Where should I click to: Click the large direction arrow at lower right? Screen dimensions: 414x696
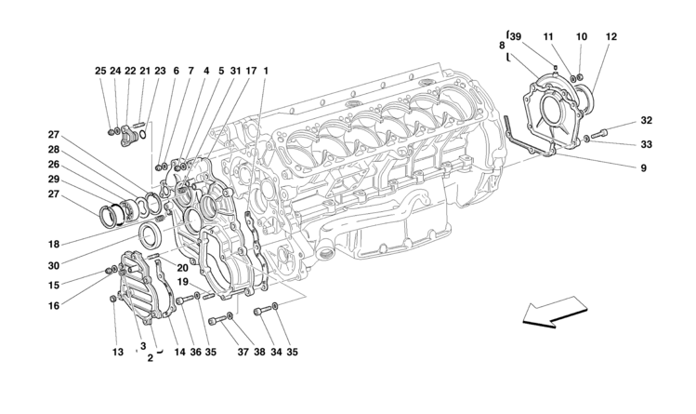(555, 313)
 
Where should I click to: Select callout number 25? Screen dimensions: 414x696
(99, 71)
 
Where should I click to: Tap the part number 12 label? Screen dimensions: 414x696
(611, 37)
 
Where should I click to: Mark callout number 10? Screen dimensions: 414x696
(582, 37)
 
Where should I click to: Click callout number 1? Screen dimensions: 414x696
(266, 71)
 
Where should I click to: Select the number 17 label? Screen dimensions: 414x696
(251, 71)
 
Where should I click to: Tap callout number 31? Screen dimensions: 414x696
(236, 71)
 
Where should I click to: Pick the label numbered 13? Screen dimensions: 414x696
(117, 352)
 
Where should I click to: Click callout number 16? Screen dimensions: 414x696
(55, 304)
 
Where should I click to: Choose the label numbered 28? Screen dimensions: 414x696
(55, 149)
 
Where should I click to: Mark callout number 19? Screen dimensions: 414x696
(184, 281)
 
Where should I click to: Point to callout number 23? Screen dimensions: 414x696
(160, 71)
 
